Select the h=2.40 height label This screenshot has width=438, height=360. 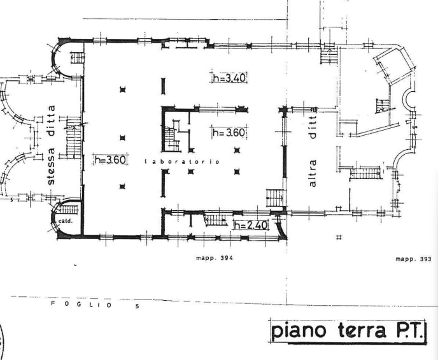(251, 224)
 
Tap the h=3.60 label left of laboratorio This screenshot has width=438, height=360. (111, 160)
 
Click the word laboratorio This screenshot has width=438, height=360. (183, 162)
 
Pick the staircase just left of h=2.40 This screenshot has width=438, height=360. (216, 220)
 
